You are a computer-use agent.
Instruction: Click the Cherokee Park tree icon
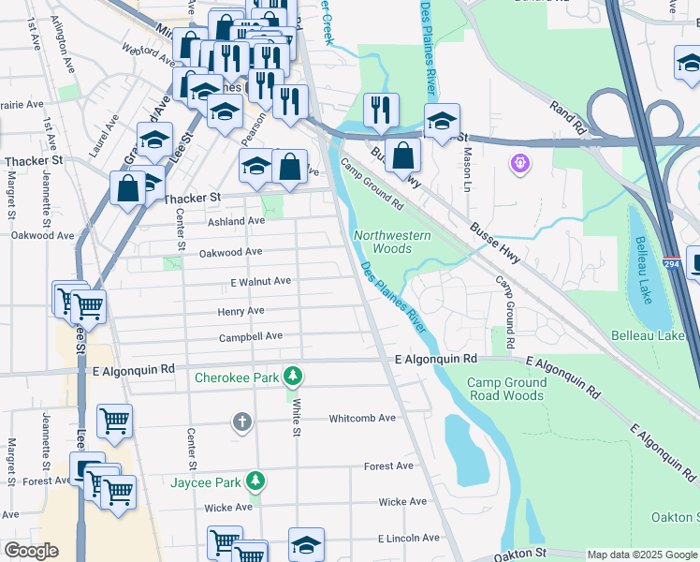click(294, 377)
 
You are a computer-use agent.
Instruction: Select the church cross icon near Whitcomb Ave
click(242, 421)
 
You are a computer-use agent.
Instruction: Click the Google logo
click(31, 551)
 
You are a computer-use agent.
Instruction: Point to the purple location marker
click(520, 165)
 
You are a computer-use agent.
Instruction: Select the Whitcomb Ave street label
click(362, 419)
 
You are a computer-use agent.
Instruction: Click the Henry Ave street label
click(241, 311)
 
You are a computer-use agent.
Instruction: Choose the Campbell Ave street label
click(251, 337)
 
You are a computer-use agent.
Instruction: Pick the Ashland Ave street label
click(236, 221)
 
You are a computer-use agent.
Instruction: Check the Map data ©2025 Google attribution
click(642, 555)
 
